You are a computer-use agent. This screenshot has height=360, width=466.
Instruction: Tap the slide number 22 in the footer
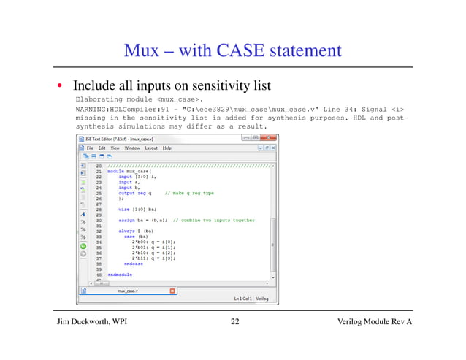pos(234,323)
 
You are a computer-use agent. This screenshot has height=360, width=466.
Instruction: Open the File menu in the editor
pos(91,148)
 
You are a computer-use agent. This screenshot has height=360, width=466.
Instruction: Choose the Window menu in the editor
pos(132,148)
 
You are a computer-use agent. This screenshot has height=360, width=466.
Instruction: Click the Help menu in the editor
pos(167,148)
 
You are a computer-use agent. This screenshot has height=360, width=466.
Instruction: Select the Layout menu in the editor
pos(151,148)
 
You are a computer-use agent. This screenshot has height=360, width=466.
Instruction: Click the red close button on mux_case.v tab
pos(172,290)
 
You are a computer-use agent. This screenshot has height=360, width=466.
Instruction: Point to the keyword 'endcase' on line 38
pos(134,263)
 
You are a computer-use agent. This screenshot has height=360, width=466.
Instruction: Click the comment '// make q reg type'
pos(188,193)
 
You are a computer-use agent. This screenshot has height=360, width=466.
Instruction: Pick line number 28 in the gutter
pos(98,209)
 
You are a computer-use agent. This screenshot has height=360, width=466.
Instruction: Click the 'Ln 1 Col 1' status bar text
pos(242,299)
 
